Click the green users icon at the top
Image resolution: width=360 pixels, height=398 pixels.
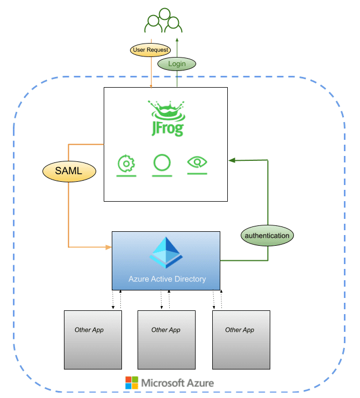tap(163, 22)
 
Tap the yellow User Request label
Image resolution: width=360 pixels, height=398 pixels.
tap(150, 50)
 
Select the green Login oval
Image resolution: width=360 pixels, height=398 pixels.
tap(177, 63)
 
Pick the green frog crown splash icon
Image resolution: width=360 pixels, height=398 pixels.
tap(167, 110)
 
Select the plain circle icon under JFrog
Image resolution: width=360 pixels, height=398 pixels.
tap(162, 162)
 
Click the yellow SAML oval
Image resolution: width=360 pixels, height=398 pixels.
tap(69, 172)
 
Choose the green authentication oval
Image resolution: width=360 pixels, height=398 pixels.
tap(267, 236)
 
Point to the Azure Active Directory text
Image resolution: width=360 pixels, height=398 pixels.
tap(167, 279)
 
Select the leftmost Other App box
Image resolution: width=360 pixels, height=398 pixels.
tap(93, 339)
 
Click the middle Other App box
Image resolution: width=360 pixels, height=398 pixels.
tap(166, 339)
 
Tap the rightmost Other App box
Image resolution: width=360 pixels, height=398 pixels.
tap(241, 339)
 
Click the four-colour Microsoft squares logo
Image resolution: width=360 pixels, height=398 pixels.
tap(131, 383)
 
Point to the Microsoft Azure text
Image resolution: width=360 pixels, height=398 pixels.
tap(177, 383)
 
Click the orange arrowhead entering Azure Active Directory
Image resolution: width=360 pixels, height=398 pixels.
tap(109, 247)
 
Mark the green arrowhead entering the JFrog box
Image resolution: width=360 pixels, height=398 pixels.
tap(231, 160)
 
